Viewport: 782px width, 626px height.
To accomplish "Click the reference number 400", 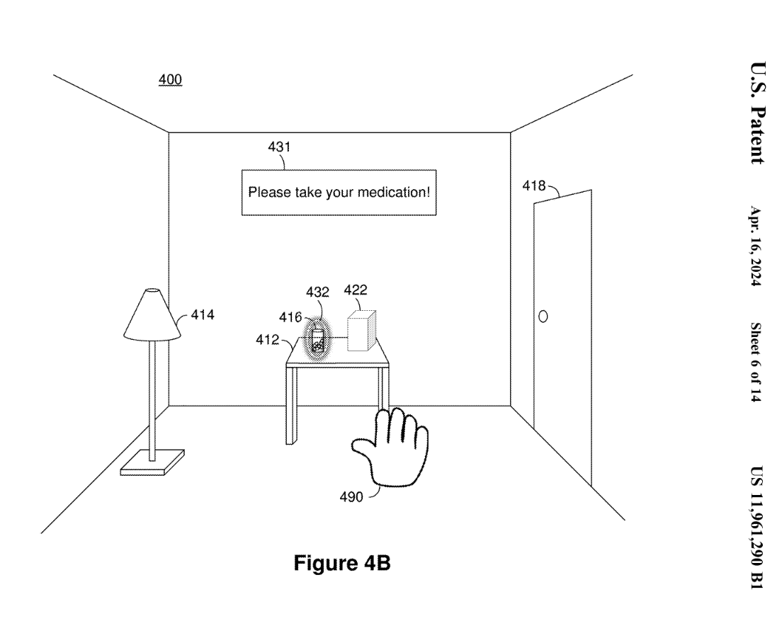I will click(170, 81).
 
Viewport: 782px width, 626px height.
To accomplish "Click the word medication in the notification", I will click(395, 192).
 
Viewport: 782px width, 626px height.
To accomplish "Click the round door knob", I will click(543, 315).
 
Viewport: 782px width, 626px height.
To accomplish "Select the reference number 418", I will click(533, 186).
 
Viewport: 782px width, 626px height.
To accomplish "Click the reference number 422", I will click(356, 290).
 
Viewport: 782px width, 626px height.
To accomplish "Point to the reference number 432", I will click(318, 292).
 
